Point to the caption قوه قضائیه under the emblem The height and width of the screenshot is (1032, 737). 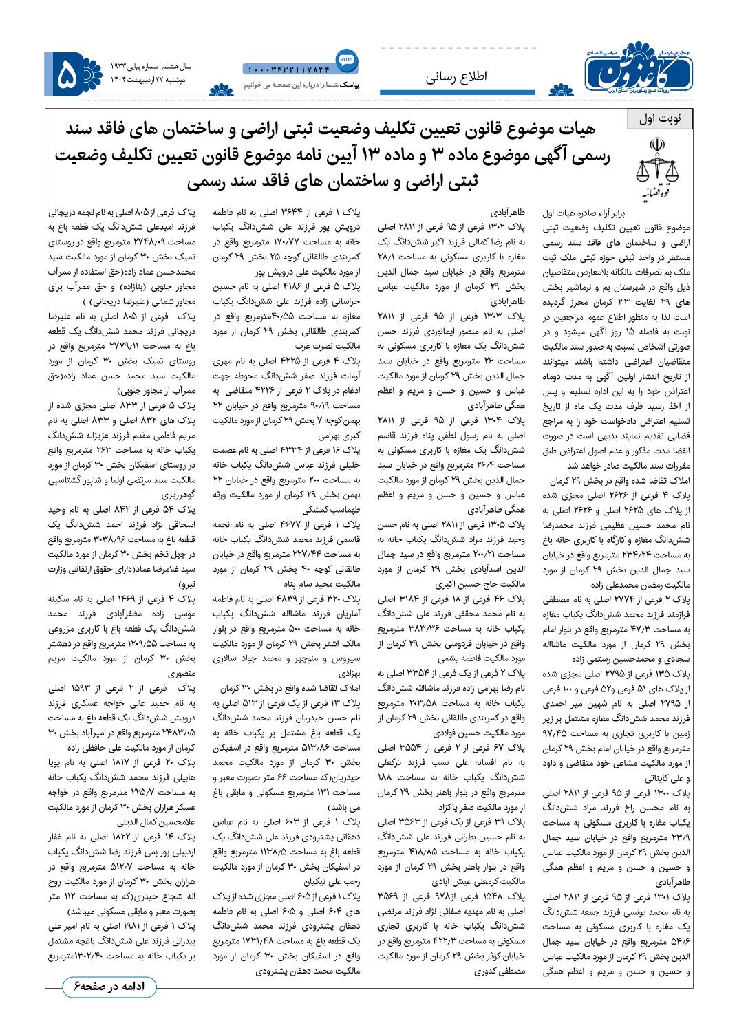click(x=650, y=192)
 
